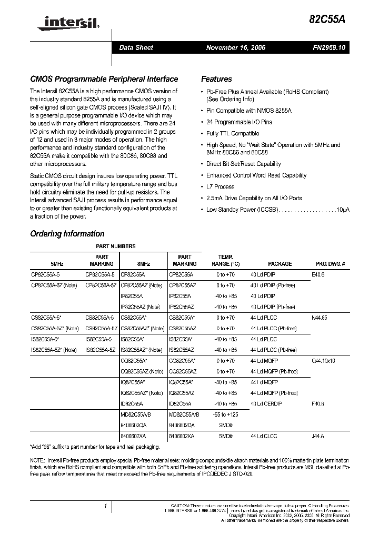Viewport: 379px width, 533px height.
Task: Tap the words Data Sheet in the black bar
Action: click(x=136, y=48)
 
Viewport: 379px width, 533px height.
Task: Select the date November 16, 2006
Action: click(x=235, y=48)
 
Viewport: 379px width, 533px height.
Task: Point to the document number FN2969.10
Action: click(x=327, y=48)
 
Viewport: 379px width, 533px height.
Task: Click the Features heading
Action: click(x=216, y=80)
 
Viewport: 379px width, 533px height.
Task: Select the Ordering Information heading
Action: click(x=67, y=234)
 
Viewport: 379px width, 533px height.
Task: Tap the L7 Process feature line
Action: click(x=220, y=187)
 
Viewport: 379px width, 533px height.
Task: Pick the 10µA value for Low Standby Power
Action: click(x=343, y=210)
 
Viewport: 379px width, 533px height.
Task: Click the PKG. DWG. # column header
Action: click(x=330, y=264)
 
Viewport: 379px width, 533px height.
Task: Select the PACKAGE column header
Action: click(x=280, y=264)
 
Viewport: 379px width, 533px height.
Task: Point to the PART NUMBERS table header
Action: click(x=115, y=246)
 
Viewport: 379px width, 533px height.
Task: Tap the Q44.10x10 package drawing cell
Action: click(x=324, y=361)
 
